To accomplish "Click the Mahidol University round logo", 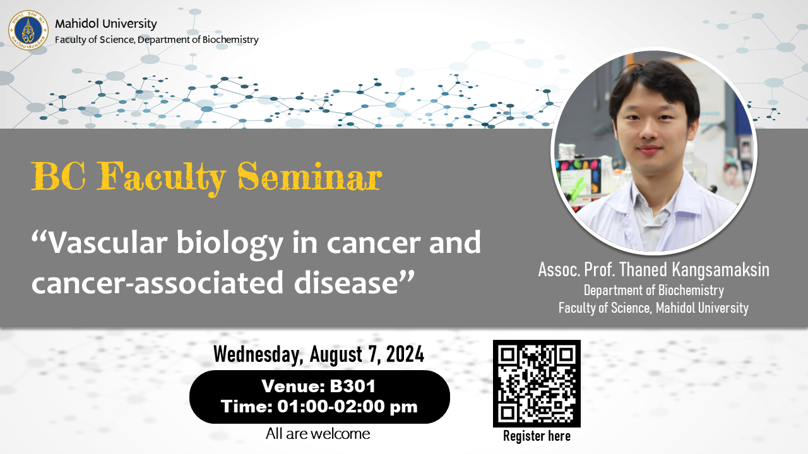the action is click(28, 30).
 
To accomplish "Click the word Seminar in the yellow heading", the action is click(310, 176).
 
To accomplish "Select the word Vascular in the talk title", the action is click(107, 243).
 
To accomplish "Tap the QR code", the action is click(537, 383).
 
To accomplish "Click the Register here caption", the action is click(537, 436).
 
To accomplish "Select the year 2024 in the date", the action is click(405, 354).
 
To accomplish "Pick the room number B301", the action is click(352, 386).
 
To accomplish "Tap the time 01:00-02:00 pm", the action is click(347, 407).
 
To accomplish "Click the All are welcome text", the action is click(318, 434).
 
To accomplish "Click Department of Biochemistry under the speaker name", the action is click(653, 291).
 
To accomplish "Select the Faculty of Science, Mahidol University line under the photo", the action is click(653, 308).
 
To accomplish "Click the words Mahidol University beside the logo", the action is click(105, 24).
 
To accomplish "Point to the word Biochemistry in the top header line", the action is click(230, 40).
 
